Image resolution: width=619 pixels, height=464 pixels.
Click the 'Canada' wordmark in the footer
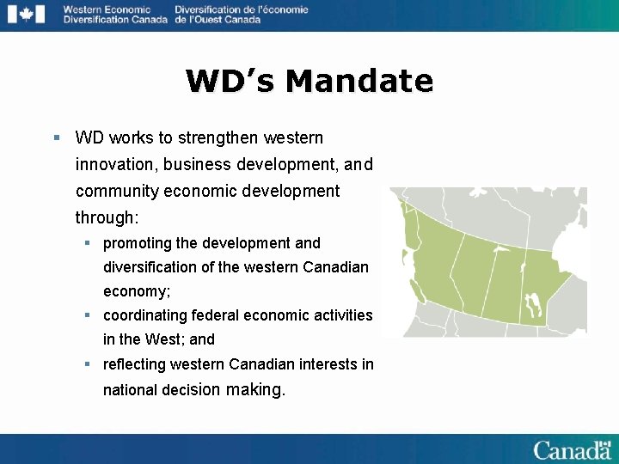click(x=571, y=450)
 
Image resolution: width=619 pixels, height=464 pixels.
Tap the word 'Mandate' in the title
click(x=359, y=81)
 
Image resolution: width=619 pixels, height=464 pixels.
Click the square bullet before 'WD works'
click(x=56, y=137)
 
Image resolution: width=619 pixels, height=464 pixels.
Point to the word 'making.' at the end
click(x=254, y=389)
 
